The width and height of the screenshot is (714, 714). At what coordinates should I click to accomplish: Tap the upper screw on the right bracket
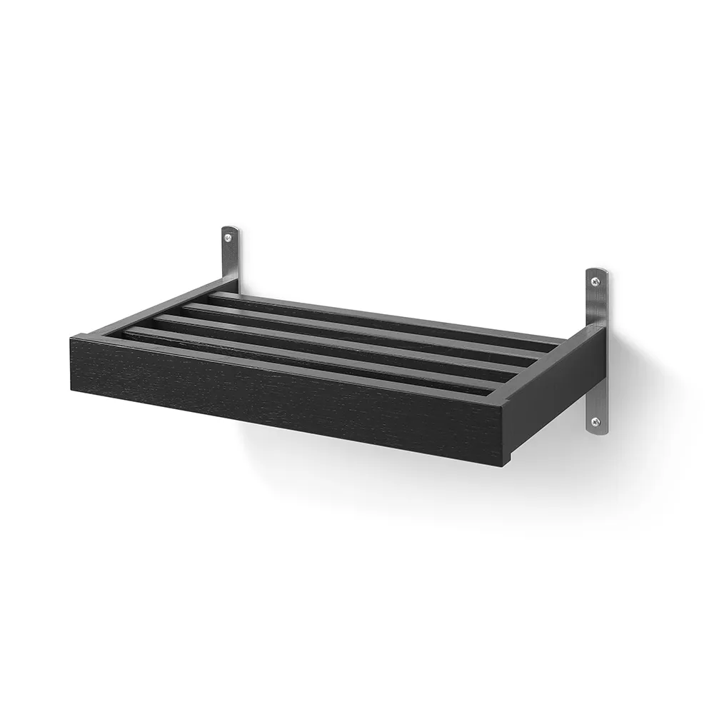(x=595, y=283)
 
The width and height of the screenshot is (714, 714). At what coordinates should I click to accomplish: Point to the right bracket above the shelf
(x=597, y=300)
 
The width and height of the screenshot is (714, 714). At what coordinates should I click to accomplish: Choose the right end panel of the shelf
(x=557, y=400)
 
